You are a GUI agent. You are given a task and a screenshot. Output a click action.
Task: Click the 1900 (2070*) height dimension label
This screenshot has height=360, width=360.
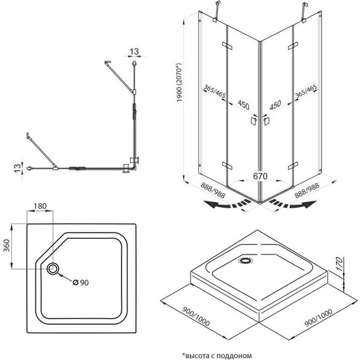179,83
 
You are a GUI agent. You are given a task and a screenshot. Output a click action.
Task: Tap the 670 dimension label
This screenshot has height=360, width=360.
260,176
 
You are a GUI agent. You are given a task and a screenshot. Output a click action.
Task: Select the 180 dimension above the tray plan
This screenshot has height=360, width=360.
40,206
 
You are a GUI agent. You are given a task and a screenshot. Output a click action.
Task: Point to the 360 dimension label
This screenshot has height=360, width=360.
7,246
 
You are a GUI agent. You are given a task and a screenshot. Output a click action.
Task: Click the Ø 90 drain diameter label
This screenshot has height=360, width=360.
81,282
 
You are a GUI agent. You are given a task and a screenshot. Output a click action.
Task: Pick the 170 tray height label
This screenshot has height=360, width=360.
340,263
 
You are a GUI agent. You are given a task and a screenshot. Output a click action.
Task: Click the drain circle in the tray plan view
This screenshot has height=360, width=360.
53,268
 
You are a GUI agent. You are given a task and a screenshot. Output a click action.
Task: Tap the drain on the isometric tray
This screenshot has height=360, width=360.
245,260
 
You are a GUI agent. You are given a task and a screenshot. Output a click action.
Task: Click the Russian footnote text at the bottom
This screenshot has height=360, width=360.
217,356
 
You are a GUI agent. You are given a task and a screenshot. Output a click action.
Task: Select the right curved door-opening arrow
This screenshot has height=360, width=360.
292,204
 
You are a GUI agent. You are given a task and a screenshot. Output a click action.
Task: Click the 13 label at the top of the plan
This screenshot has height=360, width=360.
135,51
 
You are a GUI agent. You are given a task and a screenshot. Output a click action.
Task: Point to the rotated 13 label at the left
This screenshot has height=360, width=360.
18,167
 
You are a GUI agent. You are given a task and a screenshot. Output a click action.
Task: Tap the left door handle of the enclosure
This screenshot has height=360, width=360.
253,121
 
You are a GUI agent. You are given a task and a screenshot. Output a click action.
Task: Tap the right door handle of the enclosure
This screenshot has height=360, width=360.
266,121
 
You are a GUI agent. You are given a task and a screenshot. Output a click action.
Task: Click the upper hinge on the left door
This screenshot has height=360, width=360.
227,45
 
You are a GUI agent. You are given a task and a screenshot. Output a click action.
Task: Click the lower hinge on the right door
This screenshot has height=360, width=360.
293,165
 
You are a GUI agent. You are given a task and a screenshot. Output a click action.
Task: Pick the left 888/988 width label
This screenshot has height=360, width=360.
213,190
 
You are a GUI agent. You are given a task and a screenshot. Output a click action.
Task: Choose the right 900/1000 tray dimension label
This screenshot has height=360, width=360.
318,318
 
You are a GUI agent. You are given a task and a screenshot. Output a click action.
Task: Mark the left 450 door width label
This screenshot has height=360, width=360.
243,105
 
